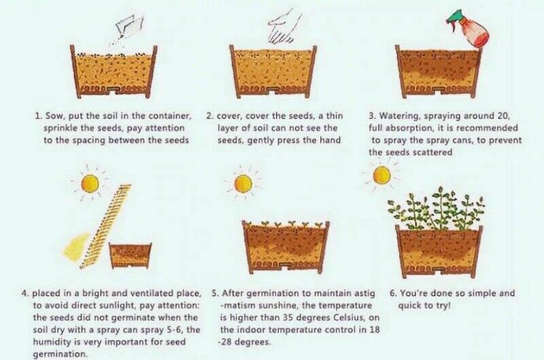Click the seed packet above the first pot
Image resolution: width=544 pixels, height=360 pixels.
(130, 26)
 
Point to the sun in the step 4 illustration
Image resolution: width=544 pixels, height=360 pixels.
(90, 184)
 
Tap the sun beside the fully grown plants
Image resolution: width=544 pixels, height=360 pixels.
(381, 176)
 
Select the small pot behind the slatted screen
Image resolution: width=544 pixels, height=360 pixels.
(131, 255)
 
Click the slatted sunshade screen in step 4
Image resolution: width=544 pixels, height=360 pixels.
(105, 227)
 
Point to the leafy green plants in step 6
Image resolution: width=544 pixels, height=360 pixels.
(436, 210)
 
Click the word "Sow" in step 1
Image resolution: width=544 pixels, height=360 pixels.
(53, 116)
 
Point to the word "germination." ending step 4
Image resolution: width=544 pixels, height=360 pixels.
(61, 355)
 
